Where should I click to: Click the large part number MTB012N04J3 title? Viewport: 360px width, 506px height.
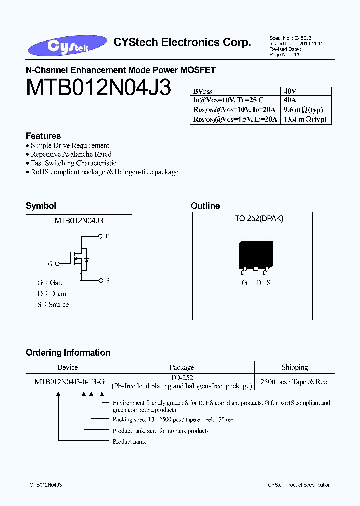tap(98, 88)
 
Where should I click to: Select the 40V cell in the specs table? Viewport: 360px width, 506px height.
tap(290, 92)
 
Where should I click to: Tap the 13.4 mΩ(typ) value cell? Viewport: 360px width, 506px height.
tap(304, 120)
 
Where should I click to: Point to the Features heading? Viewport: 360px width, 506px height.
tap(43, 136)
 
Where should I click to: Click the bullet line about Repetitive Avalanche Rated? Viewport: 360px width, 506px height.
tap(71, 154)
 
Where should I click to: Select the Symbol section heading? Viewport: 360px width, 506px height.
tap(41, 206)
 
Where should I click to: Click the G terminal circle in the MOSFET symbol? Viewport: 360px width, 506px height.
tap(57, 263)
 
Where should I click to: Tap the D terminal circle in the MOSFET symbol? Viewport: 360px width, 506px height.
tap(102, 236)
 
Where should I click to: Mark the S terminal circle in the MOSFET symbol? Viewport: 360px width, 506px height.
tap(102, 280)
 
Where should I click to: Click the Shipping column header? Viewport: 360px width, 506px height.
tap(294, 367)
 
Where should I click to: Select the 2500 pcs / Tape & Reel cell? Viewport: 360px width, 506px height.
tap(294, 382)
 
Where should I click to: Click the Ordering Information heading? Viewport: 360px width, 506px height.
tap(68, 353)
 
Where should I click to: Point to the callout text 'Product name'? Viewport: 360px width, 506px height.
tap(129, 442)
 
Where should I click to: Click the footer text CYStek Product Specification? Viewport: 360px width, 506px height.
tap(299, 485)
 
